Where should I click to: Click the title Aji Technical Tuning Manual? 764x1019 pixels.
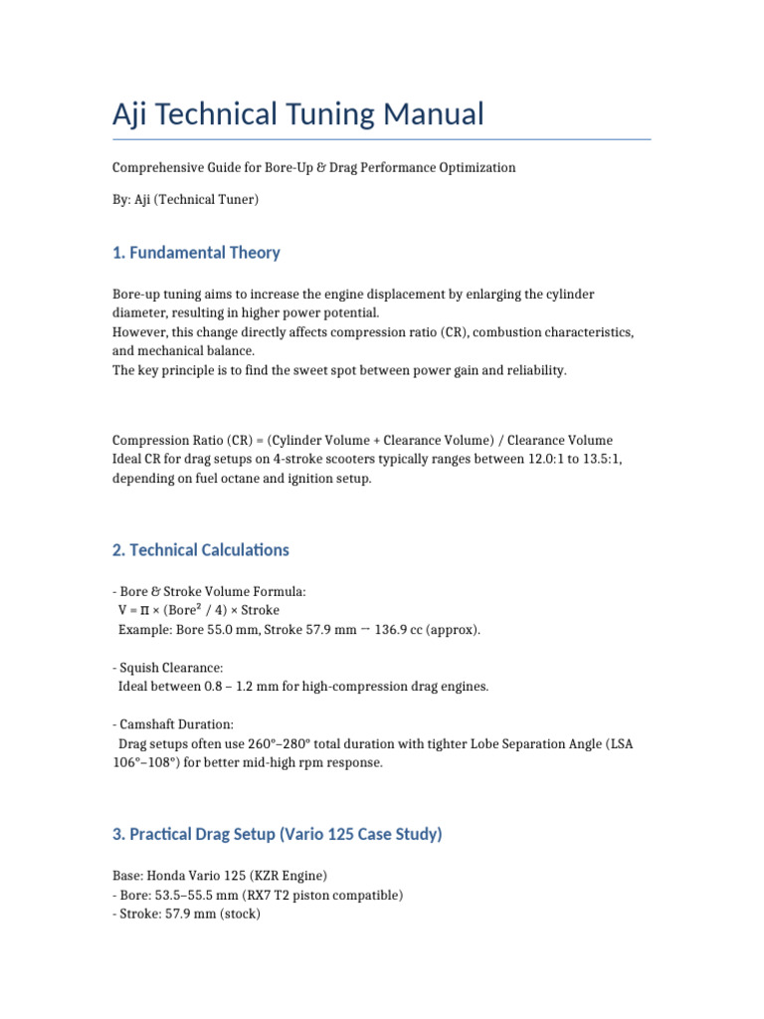pos(298,114)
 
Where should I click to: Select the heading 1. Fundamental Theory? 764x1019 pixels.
pos(196,253)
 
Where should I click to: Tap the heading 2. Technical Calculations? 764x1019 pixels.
pos(201,550)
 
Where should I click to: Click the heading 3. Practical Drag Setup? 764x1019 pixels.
pos(278,834)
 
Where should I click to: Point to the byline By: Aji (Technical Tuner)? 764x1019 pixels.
pos(185,200)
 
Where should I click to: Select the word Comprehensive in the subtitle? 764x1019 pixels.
pos(160,168)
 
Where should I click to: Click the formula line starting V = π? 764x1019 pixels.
pos(199,610)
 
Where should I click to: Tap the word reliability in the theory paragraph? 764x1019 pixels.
pos(530,370)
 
